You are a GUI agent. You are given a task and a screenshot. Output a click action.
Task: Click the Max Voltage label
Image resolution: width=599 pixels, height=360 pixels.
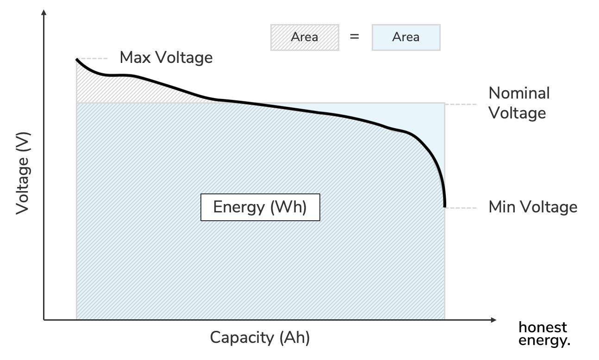click(166, 57)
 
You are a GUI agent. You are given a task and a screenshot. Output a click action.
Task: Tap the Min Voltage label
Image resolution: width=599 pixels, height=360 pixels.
click(533, 207)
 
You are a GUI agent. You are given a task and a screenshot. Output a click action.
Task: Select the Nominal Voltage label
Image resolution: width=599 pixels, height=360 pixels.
click(519, 103)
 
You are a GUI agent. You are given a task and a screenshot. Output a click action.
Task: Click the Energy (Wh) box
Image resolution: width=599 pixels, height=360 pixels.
click(260, 207)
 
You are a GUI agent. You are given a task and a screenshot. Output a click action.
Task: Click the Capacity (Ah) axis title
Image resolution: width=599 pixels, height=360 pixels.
click(260, 337)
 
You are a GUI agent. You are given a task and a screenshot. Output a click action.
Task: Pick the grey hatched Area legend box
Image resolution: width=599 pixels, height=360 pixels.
click(304, 37)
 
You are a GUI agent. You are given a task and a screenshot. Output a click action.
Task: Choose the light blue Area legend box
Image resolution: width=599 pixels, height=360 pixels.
click(406, 37)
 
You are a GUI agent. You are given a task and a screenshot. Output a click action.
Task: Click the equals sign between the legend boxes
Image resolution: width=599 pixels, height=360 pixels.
click(355, 37)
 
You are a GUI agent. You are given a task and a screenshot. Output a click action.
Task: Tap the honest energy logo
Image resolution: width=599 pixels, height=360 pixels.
click(543, 334)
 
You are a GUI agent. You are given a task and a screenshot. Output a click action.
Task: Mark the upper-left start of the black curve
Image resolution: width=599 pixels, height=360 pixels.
click(77, 59)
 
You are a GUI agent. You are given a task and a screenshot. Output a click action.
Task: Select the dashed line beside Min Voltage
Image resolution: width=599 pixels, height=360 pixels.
click(461, 208)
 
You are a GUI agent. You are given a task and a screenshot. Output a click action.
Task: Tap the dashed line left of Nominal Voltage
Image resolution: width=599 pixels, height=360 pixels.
click(461, 105)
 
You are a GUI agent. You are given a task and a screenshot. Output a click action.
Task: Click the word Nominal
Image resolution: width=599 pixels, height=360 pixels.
click(519, 93)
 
